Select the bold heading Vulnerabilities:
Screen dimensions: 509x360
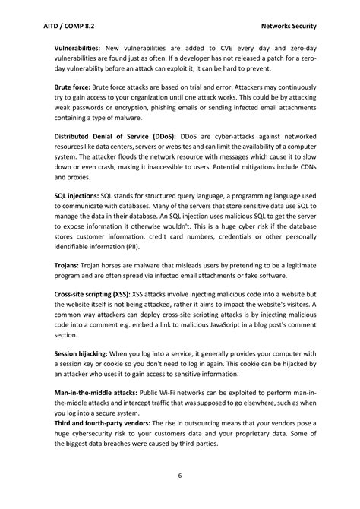(x=78, y=47)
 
